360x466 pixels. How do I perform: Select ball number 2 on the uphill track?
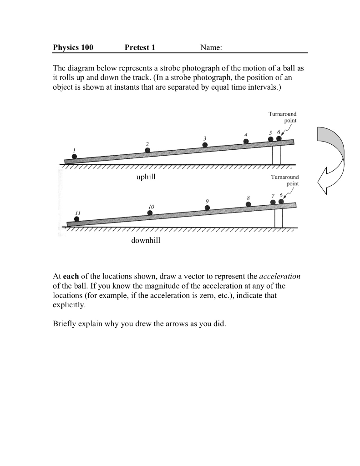point(147,150)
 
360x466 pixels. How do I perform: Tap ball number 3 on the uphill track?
point(205,145)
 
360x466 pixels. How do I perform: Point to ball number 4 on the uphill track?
point(246,141)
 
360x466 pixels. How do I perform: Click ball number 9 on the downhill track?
point(208,207)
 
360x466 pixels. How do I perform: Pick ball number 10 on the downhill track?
point(150,213)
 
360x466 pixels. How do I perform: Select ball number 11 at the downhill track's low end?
point(76,219)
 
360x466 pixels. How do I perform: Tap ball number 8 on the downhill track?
point(248,204)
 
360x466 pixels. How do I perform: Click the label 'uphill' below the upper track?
point(146,177)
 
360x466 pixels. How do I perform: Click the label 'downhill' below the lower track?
point(146,240)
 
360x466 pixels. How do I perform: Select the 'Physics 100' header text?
point(73,47)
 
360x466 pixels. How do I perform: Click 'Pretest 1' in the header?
point(140,47)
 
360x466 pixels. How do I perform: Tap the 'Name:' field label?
point(211,47)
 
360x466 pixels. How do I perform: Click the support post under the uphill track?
point(276,155)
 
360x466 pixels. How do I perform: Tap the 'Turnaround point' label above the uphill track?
point(283,117)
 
